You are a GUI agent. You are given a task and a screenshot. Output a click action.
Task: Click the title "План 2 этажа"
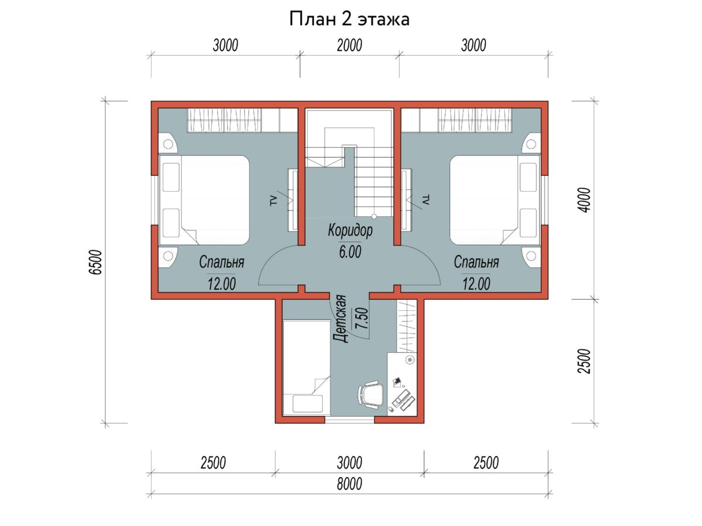coord(349,19)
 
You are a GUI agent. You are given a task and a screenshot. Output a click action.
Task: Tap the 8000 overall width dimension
coord(349,484)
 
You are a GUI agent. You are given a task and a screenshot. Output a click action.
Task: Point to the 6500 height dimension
coord(95,262)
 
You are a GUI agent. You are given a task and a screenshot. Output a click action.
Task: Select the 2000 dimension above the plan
coord(349,46)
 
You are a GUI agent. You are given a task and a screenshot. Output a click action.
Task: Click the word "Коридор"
coord(350,230)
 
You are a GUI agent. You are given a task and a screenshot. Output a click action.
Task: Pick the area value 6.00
coord(350,252)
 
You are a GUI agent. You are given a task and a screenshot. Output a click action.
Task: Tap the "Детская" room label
coord(340,319)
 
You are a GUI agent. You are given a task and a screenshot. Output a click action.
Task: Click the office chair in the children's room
coord(370,394)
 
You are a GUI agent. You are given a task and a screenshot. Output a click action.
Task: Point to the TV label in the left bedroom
coord(273,200)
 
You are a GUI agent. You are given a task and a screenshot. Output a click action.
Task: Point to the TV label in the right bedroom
coord(426,200)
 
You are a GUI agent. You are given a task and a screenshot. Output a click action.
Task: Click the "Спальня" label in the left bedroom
coord(222,262)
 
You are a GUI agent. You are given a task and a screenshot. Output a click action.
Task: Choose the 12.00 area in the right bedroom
coord(476,284)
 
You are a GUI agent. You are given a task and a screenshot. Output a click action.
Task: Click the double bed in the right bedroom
coord(495,200)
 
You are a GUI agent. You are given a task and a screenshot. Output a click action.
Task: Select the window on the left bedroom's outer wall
coord(155,200)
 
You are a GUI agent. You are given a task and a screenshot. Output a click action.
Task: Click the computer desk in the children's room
coord(402,384)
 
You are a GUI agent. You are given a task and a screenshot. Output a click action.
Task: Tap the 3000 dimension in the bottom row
coord(349,463)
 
